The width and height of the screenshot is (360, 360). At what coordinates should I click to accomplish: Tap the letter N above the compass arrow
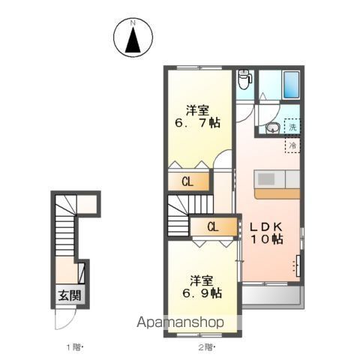[133, 23]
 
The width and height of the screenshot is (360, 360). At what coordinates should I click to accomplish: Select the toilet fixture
[244, 79]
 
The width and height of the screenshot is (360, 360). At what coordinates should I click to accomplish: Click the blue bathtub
[291, 85]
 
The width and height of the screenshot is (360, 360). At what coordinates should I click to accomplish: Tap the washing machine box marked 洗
[292, 126]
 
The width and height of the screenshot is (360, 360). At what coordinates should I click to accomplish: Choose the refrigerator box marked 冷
[292, 145]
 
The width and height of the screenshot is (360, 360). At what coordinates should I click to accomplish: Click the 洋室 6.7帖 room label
[197, 116]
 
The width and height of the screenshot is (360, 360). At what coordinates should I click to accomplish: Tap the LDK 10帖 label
[267, 233]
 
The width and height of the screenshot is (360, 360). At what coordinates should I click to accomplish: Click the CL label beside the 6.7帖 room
[187, 181]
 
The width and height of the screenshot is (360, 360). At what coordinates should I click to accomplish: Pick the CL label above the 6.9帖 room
[213, 227]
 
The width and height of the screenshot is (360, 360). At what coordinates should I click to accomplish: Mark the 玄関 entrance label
[70, 296]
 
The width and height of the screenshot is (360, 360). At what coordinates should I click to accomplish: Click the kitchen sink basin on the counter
[266, 179]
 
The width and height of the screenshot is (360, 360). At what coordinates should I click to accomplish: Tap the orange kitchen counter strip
[277, 193]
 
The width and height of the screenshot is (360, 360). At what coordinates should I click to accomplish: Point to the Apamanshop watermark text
[180, 322]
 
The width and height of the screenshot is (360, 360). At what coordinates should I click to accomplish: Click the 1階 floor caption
[74, 347]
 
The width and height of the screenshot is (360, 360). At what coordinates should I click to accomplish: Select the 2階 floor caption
[206, 347]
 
